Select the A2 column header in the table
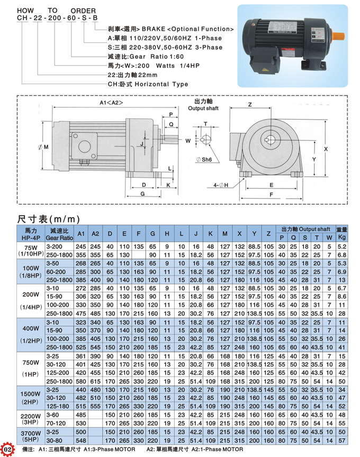pos(95,234)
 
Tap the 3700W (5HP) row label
pos(31,436)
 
